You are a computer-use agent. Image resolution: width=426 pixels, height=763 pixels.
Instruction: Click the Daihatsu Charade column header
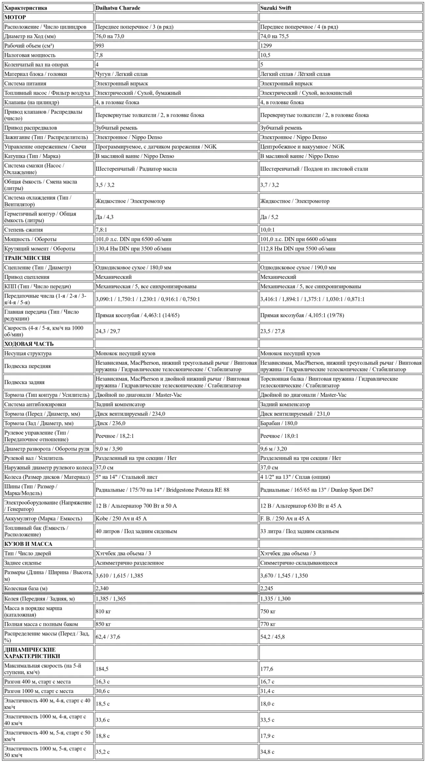(x=118, y=8)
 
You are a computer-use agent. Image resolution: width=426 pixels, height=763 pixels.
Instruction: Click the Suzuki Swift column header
(x=275, y=8)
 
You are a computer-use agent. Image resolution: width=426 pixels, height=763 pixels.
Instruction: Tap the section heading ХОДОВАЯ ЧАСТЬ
(x=29, y=344)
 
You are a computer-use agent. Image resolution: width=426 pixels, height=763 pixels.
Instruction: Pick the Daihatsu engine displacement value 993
(x=100, y=46)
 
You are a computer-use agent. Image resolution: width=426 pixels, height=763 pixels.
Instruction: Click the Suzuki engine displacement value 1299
(x=266, y=46)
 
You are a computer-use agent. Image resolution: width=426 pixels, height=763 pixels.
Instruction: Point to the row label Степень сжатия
(x=23, y=230)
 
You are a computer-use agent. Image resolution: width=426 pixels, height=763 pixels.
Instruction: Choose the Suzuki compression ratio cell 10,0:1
(x=267, y=230)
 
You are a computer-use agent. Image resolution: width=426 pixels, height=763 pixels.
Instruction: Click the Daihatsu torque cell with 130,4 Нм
(x=133, y=248)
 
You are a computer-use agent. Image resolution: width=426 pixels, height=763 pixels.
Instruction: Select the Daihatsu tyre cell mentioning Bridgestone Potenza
(x=162, y=490)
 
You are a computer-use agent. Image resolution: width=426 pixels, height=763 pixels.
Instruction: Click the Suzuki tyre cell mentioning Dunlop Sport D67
(x=317, y=490)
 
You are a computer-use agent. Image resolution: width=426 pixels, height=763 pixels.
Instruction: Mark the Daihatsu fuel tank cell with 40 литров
(x=136, y=531)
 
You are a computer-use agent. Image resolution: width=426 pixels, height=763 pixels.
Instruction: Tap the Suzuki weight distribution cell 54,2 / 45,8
(x=272, y=636)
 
